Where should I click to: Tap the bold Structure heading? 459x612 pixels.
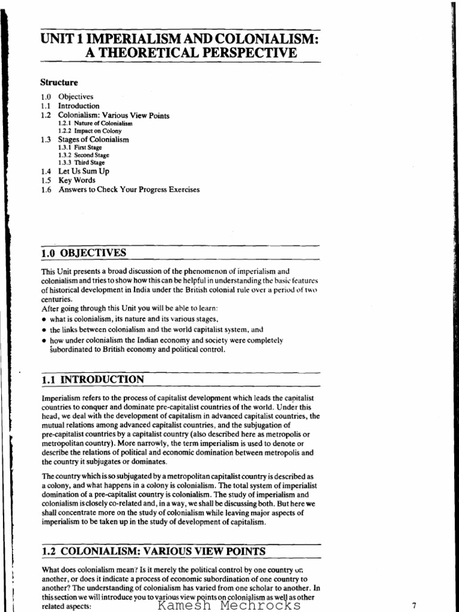click(x=59, y=82)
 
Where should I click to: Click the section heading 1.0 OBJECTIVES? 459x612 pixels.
click(x=83, y=253)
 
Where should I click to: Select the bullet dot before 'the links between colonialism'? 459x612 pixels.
click(x=44, y=329)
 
